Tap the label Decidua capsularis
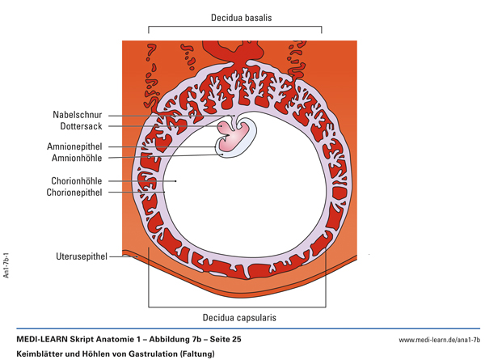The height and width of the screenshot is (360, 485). click(x=238, y=318)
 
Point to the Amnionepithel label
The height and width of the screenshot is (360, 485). click(x=74, y=147)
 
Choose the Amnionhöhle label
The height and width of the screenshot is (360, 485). click(x=76, y=158)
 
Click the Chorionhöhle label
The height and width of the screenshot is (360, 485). click(x=75, y=181)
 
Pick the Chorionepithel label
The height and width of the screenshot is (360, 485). click(x=74, y=193)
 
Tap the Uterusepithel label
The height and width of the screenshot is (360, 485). click(x=78, y=256)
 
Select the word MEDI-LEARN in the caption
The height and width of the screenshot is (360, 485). click(x=42, y=339)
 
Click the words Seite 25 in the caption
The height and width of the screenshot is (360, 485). click(x=221, y=339)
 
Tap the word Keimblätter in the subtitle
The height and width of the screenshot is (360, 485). click(x=40, y=354)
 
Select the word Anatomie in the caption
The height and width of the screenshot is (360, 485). click(x=106, y=339)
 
